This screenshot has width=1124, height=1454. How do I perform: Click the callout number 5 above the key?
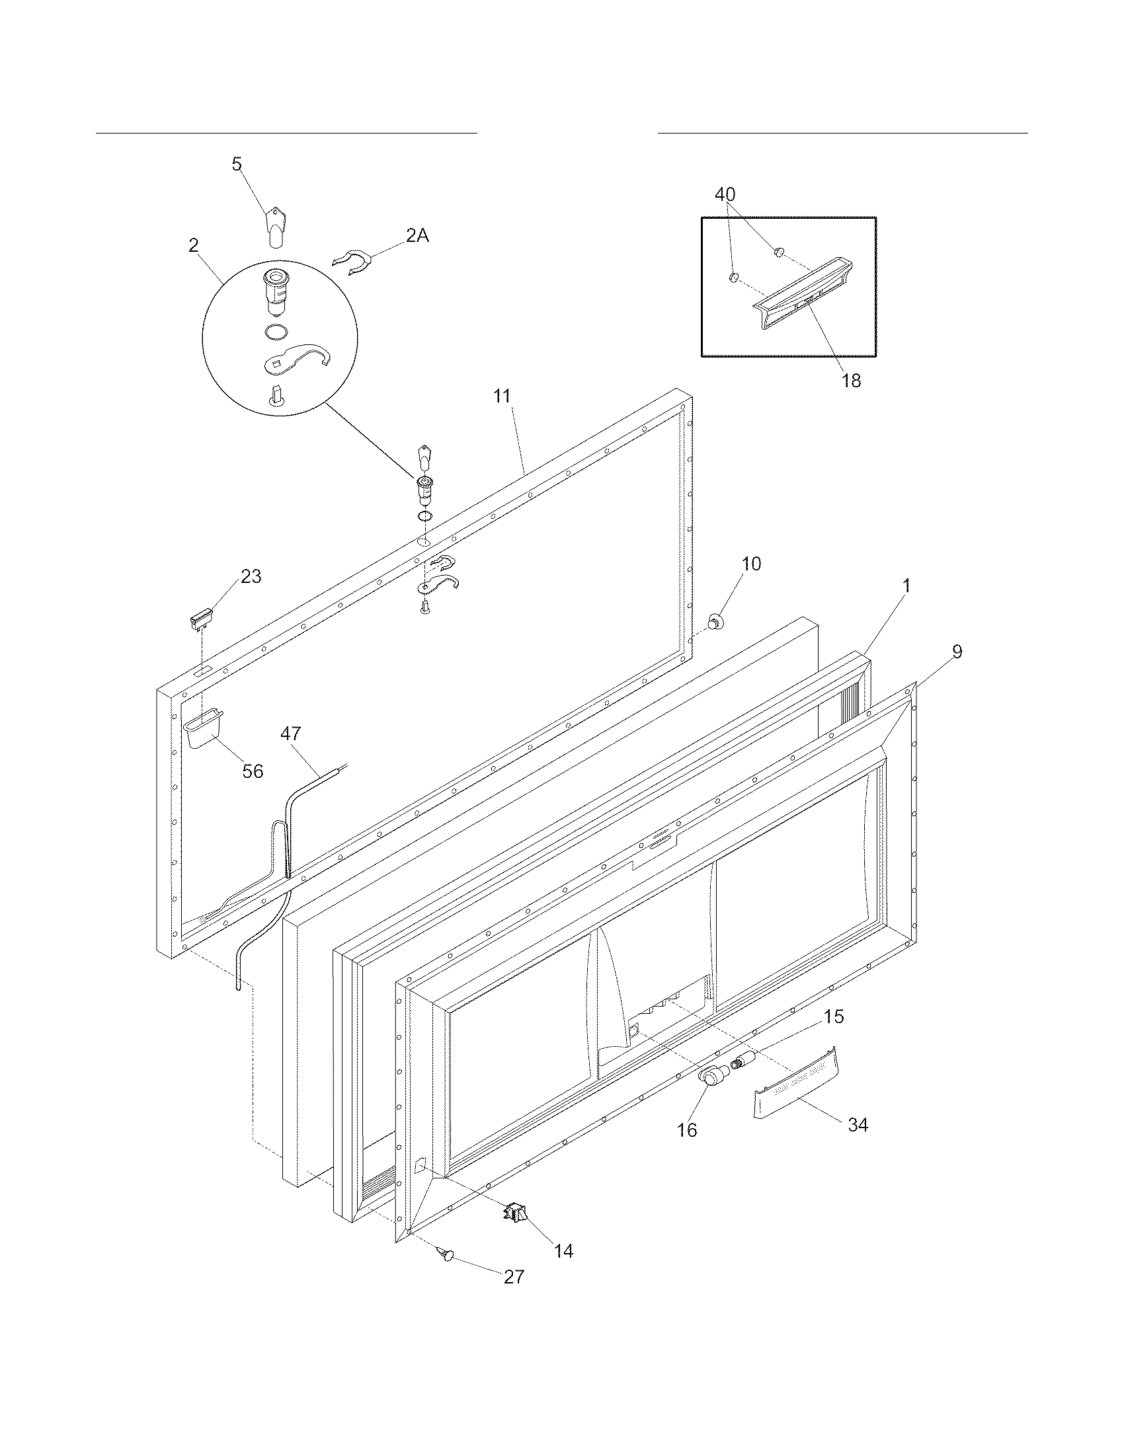[x=237, y=165]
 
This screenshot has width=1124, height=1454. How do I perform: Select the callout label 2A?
[x=417, y=236]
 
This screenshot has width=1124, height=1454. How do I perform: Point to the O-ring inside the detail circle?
[x=276, y=331]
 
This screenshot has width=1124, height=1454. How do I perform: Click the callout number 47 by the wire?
[x=290, y=734]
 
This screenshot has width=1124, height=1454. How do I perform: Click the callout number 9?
[x=956, y=652]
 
